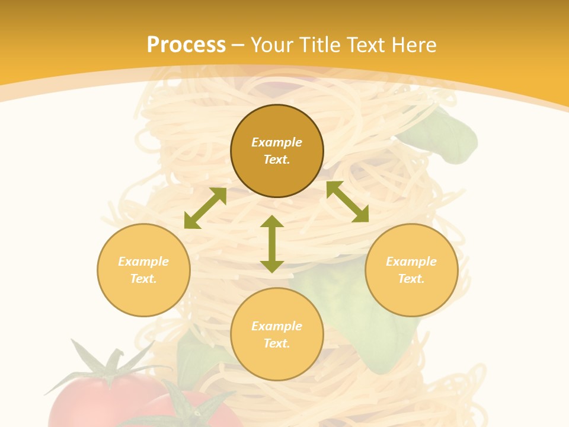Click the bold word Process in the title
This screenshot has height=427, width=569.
coord(186,45)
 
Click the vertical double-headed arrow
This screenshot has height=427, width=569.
coord(272,244)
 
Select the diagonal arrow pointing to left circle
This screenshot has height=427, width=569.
coord(205,208)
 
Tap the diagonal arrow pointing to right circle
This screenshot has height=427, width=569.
coord(347,202)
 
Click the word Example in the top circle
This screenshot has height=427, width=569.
coord(277,142)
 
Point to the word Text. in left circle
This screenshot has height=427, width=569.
coord(143,279)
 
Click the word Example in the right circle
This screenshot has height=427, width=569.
coord(411,262)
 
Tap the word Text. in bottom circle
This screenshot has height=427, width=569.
coord(277,343)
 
